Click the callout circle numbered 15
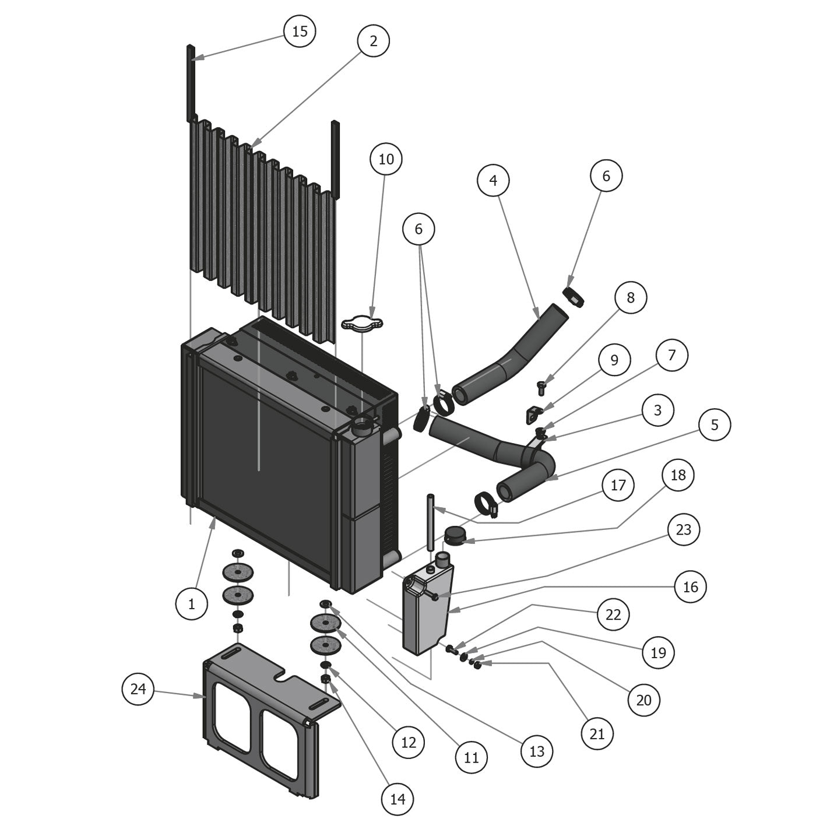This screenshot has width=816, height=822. point(300,31)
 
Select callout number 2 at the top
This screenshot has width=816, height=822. point(373,41)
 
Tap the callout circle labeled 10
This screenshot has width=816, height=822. point(386,159)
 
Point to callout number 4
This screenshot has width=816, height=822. point(493,181)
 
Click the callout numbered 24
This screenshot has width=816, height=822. point(138,689)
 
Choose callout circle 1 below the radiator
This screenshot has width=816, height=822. point(191,604)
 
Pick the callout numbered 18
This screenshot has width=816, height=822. point(678,475)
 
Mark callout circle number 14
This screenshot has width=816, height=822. point(398,798)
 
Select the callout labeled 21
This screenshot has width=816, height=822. point(597,733)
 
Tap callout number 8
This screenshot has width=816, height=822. point(630,298)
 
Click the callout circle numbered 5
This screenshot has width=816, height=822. point(715,424)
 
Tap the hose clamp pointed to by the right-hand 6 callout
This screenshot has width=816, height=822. point(574,295)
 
